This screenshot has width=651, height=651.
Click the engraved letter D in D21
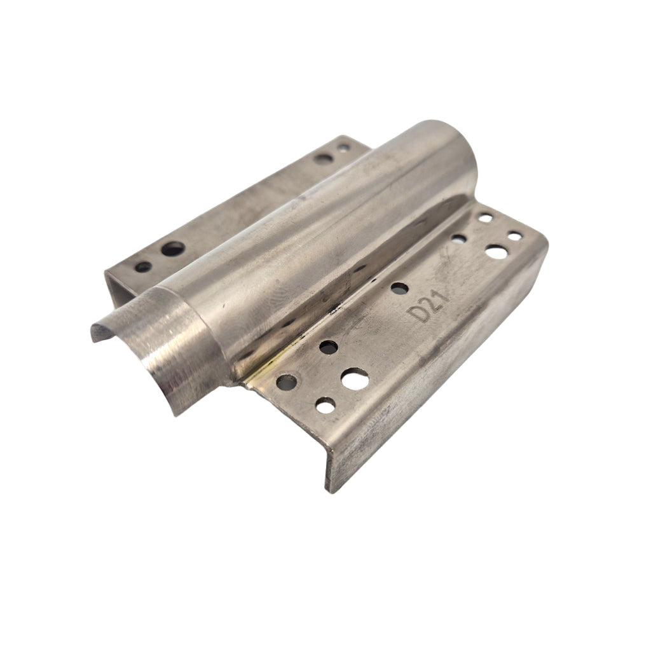tap(420, 315)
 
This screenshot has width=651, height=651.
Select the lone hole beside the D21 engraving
tap(399, 288)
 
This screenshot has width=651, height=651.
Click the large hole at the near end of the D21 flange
tap(355, 380)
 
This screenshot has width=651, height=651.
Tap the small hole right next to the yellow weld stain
tap(287, 382)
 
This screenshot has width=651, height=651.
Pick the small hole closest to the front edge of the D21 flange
tap(325, 405)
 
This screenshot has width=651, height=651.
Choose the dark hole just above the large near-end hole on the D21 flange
tap(328, 347)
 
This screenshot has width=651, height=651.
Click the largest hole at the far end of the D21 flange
tap(497, 252)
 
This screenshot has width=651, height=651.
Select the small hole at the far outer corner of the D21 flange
tap(515, 236)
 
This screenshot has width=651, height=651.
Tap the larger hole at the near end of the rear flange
tap(172, 249)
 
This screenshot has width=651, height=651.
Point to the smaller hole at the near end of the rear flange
tap(144, 267)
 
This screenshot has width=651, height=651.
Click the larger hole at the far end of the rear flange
tap(324, 157)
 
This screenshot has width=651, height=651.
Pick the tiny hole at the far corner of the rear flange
tap(343, 147)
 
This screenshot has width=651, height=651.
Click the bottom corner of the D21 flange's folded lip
tap(329, 488)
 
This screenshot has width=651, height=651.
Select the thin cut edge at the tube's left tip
tap(95, 332)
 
